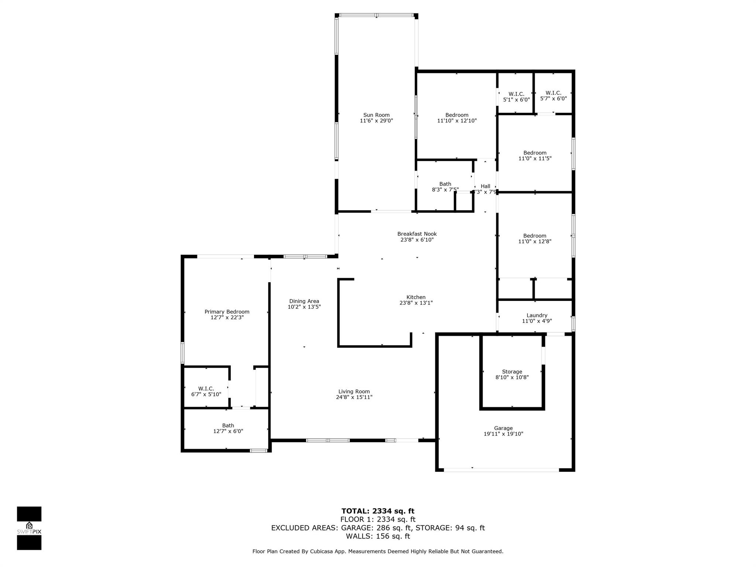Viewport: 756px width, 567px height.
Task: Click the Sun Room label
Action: point(376,115)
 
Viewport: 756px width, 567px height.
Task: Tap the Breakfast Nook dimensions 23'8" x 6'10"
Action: point(417,240)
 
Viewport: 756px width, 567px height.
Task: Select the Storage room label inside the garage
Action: point(512,372)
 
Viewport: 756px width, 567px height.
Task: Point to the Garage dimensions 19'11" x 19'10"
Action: point(503,434)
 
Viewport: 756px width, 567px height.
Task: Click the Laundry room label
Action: point(536,315)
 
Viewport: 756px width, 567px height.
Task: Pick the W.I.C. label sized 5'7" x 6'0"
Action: point(553,93)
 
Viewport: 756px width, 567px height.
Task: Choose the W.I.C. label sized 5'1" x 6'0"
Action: point(516,94)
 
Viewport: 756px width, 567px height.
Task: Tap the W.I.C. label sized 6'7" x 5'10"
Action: point(206,389)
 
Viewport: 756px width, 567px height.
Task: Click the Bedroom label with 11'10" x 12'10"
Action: point(457,115)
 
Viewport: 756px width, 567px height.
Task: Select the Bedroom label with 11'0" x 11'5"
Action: point(535,153)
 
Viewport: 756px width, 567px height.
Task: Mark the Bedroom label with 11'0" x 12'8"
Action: point(534,236)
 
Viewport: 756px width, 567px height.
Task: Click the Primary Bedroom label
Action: point(227,312)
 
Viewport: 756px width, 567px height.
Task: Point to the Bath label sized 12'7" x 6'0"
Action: point(228,426)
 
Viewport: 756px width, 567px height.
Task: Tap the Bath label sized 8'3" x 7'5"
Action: point(445,184)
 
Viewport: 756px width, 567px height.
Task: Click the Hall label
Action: point(485,186)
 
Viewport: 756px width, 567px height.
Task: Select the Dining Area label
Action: point(304,301)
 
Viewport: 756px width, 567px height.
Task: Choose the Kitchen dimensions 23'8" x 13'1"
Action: point(416,303)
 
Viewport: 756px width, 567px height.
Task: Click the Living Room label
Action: point(354,392)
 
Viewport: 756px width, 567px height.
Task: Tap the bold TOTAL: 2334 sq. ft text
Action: point(378,511)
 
